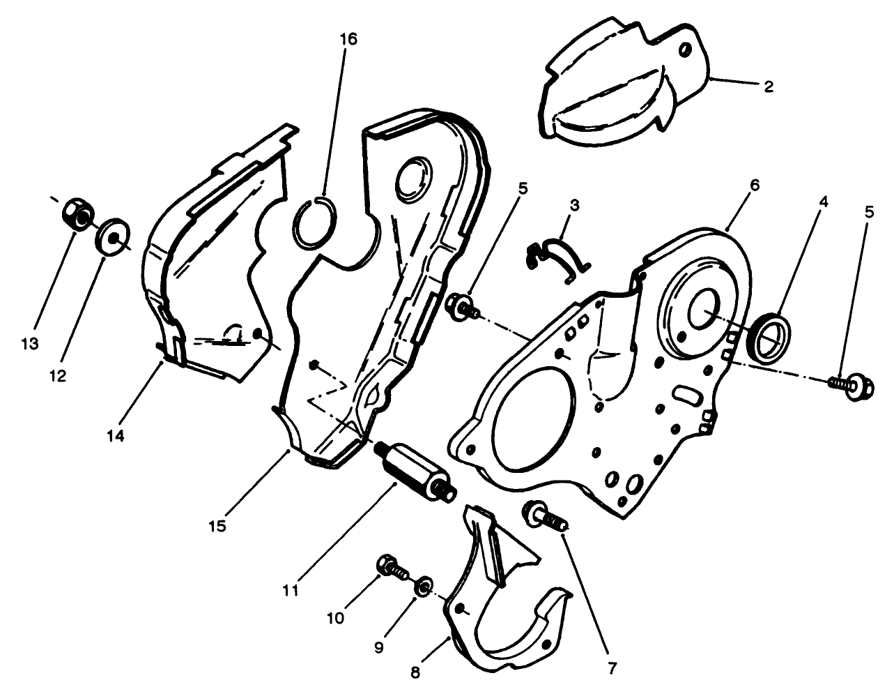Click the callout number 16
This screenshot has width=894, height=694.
coord(348,39)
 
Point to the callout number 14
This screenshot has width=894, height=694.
coord(115,436)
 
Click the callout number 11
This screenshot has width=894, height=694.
coord(291,590)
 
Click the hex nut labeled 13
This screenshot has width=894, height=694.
coord(74,212)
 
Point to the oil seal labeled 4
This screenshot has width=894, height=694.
coord(771,338)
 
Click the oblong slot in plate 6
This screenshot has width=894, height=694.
coord(686,396)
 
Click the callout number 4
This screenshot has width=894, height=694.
coord(823,202)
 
